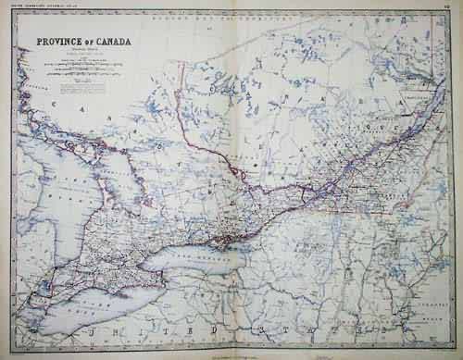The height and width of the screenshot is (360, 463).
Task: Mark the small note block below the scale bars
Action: pos(69,91)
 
